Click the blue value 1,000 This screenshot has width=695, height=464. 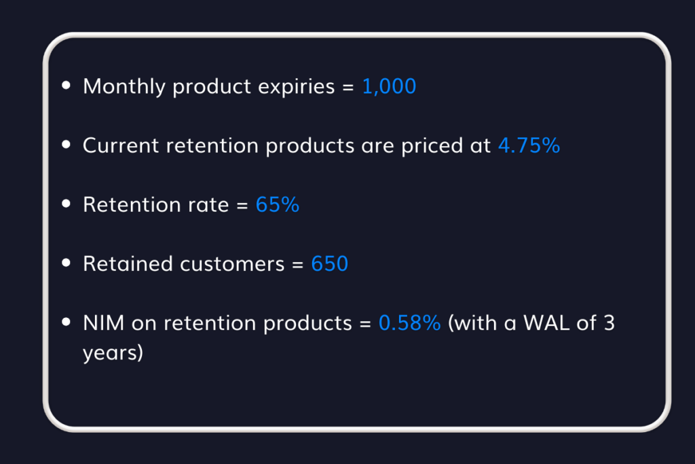(389, 87)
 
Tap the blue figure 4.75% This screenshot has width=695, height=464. (529, 145)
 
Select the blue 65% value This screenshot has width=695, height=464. (278, 204)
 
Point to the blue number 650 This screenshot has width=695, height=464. (329, 264)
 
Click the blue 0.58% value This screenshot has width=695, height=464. (409, 323)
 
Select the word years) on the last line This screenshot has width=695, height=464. (113, 355)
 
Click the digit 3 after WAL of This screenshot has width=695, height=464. (609, 323)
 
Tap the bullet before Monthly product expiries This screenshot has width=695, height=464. (66, 86)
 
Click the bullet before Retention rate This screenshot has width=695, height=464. (66, 204)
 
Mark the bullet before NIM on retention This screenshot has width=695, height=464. (66, 322)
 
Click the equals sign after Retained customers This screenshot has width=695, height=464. (297, 264)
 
